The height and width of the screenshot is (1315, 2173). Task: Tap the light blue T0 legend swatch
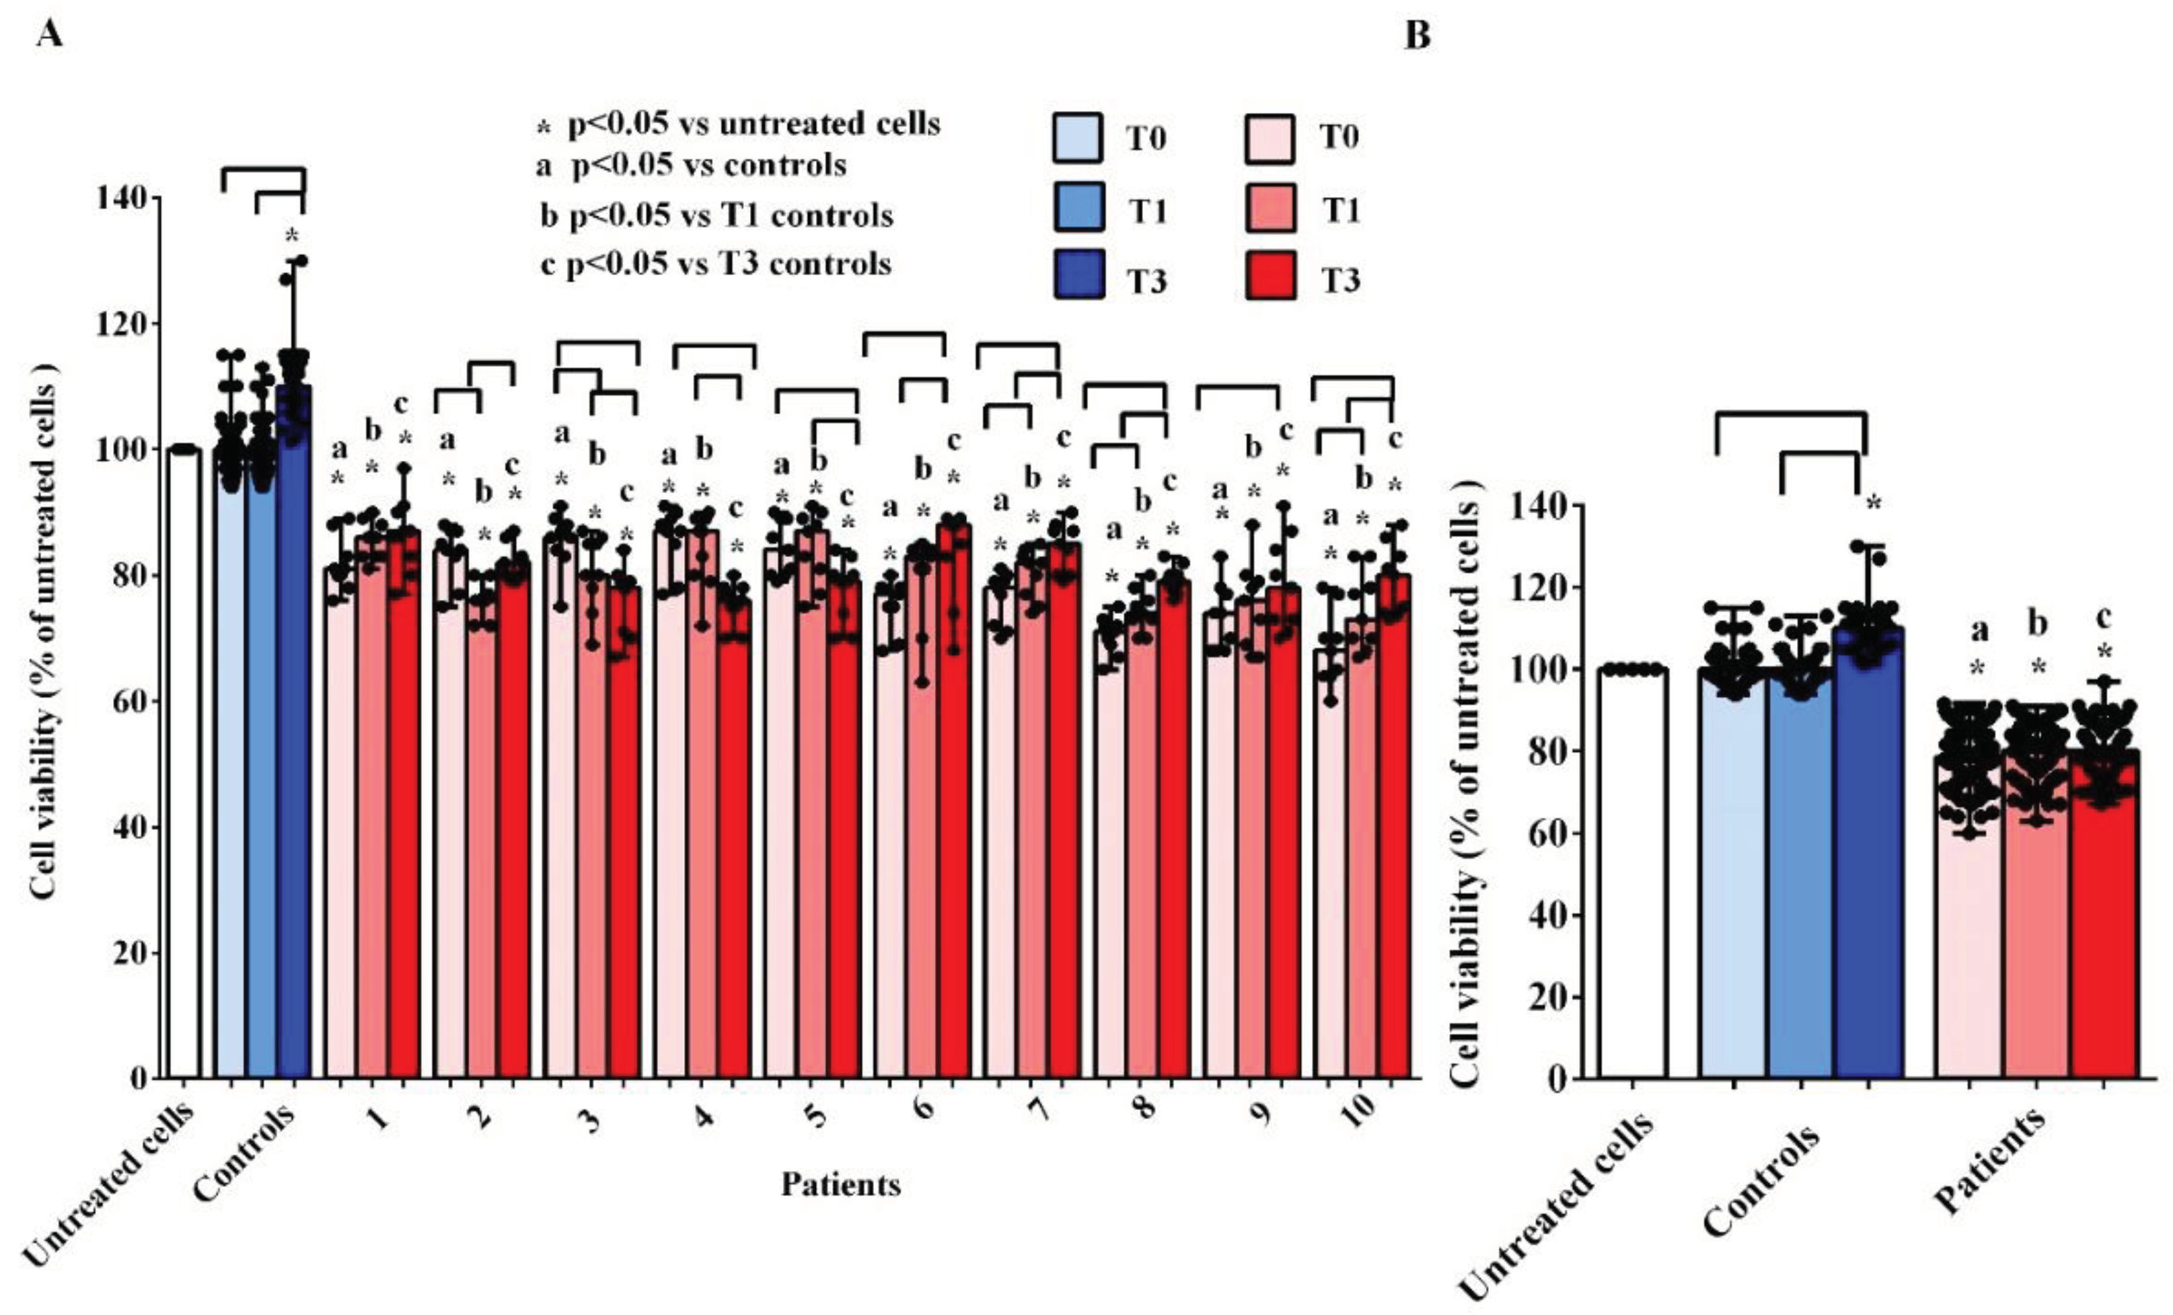tap(1077, 139)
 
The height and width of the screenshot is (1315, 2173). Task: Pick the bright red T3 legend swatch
tap(1271, 276)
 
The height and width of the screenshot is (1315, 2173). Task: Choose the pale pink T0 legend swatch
tap(1271, 139)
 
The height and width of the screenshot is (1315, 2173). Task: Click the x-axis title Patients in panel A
tap(840, 1184)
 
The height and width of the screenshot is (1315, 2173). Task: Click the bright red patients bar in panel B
tap(2104, 917)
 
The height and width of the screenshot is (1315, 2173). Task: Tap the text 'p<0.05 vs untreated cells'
tap(753, 124)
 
